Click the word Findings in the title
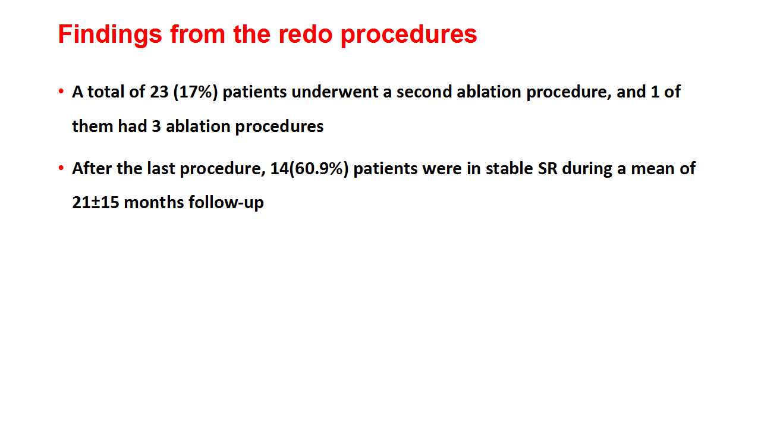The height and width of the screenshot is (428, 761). tap(110, 35)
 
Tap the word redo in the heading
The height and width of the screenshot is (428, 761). tap(305, 34)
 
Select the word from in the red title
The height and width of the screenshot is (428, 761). tap(197, 34)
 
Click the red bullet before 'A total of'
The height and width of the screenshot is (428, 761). tap(61, 91)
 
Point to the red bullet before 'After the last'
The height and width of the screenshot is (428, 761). tap(61, 168)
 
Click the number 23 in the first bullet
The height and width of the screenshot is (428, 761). tap(159, 92)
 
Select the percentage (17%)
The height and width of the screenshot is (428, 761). tap(196, 92)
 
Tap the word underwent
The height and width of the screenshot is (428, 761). tap(334, 92)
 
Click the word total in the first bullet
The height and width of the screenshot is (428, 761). tap(101, 92)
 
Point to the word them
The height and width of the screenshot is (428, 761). tap(92, 127)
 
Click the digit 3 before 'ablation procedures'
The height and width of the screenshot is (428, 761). tap(156, 127)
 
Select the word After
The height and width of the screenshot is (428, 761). tap(92, 168)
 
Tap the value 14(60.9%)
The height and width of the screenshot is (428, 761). tap(310, 169)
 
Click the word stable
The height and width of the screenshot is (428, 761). tap(510, 168)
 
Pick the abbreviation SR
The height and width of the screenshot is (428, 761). tap(548, 168)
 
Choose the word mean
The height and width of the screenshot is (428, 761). tap(653, 169)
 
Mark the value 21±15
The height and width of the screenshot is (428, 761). tap(96, 203)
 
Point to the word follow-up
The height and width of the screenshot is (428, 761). tap(226, 203)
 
